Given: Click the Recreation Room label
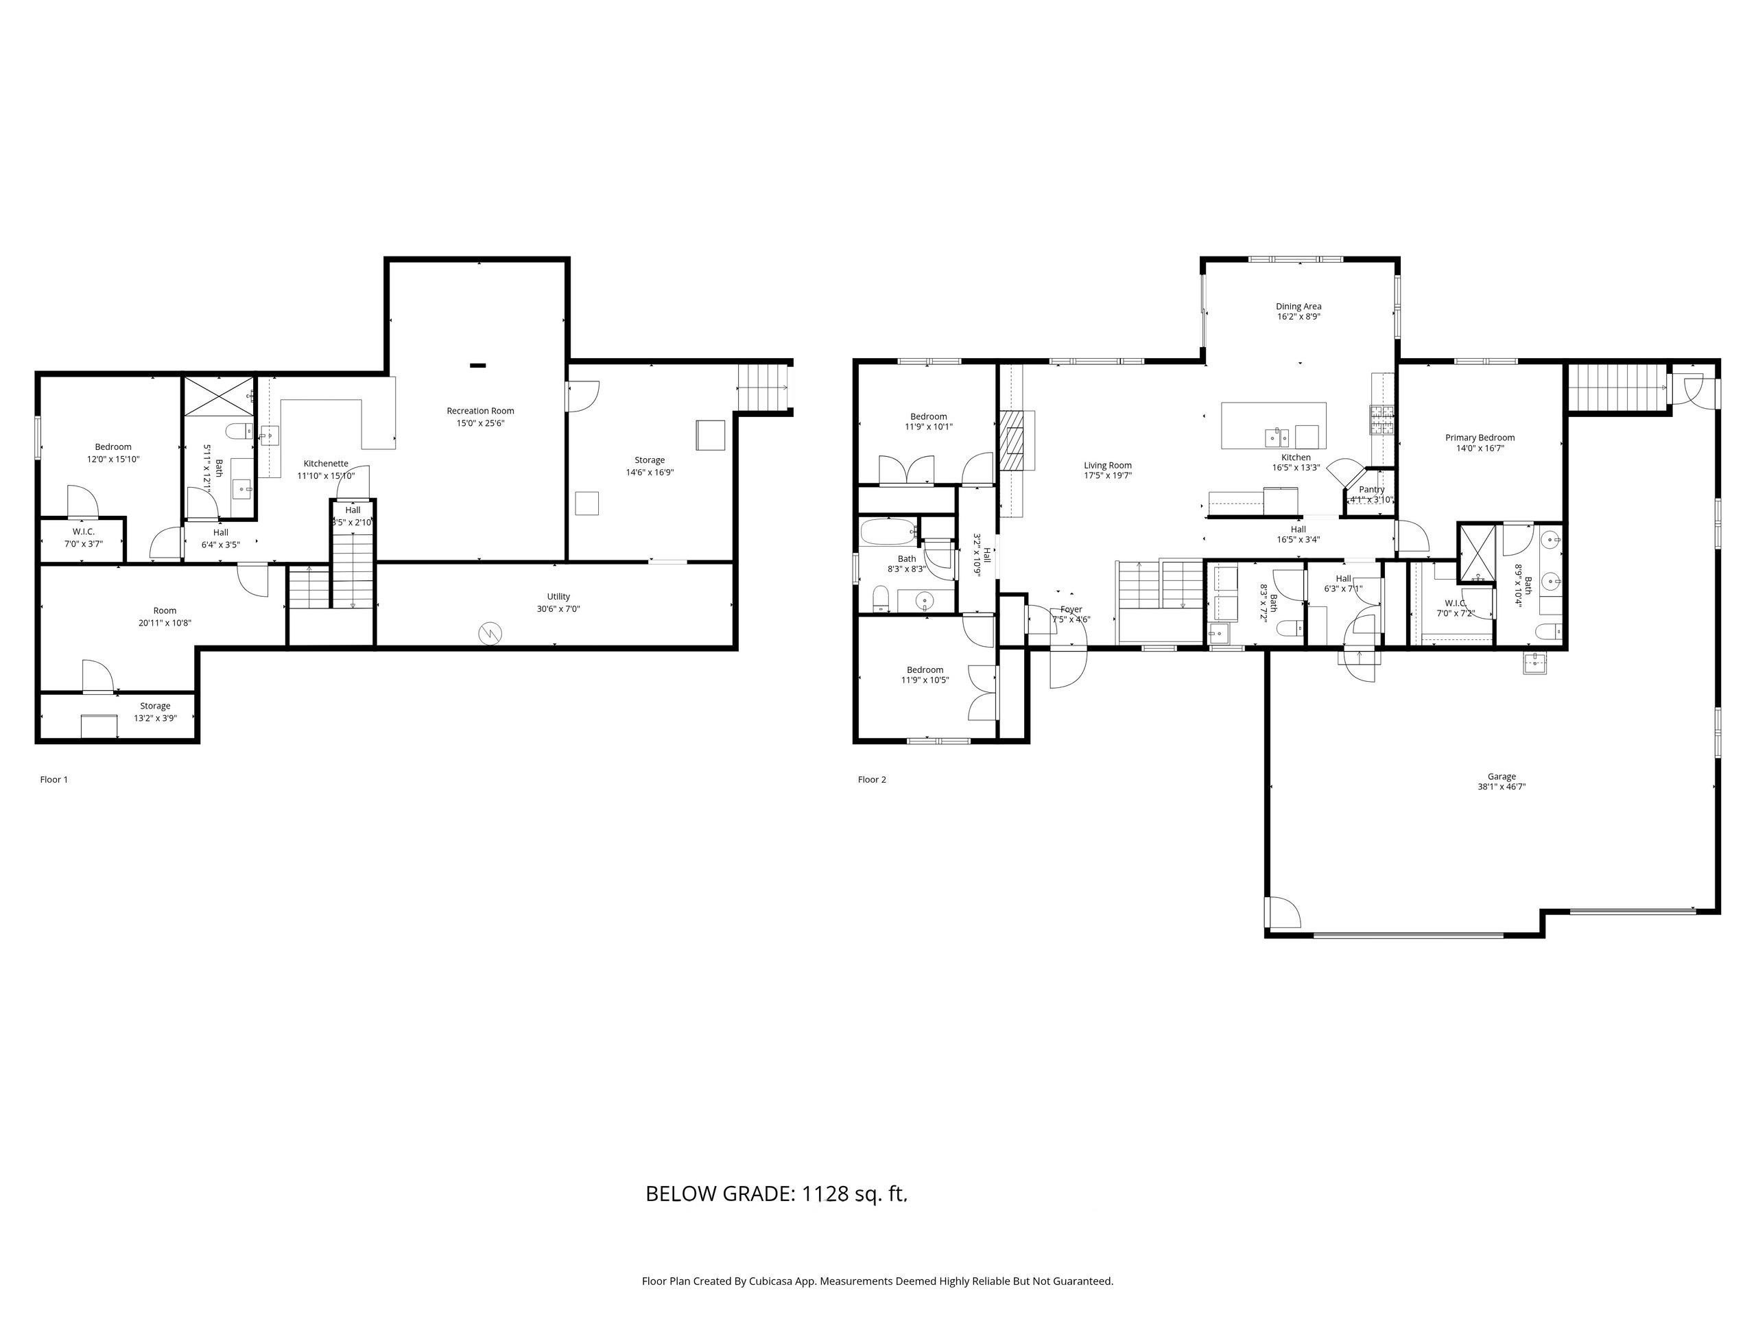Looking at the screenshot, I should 479,410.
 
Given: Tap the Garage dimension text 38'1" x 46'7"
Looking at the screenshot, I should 1501,787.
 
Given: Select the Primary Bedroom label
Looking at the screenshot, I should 1479,438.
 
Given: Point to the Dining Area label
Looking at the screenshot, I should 1298,307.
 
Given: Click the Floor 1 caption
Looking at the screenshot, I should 54,779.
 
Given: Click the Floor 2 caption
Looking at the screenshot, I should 872,779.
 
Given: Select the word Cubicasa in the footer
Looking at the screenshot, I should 769,1281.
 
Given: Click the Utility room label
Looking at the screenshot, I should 558,597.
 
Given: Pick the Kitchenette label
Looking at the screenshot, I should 326,464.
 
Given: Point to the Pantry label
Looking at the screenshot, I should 1371,490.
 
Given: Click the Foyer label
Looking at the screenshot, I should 1071,610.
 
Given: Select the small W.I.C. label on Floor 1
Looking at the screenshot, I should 84,532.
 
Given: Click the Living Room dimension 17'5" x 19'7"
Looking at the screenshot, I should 1107,476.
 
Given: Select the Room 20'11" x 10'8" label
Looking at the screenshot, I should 165,617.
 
